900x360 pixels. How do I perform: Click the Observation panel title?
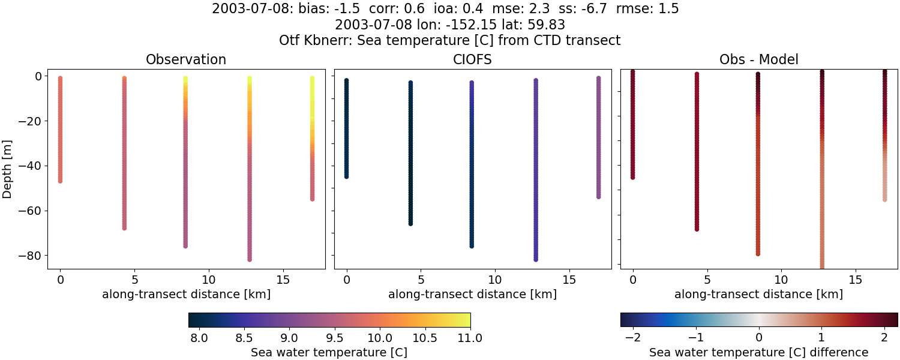click(186, 60)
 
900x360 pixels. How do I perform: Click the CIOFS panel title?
click(472, 60)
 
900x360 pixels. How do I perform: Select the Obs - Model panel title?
click(758, 60)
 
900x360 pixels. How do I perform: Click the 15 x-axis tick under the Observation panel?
click(283, 280)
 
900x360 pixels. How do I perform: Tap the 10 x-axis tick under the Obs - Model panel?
click(781, 280)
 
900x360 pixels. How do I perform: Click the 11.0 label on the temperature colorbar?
click(470, 338)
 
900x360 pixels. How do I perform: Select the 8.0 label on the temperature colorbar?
click(199, 338)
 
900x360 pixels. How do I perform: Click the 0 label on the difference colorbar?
click(759, 338)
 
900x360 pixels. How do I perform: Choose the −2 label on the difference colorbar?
click(632, 338)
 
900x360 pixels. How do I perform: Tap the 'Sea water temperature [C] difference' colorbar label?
click(758, 352)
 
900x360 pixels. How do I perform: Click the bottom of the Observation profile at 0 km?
click(60, 180)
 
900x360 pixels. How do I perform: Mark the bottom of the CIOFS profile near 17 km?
click(598, 196)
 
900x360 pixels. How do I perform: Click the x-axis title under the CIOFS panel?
click(472, 295)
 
